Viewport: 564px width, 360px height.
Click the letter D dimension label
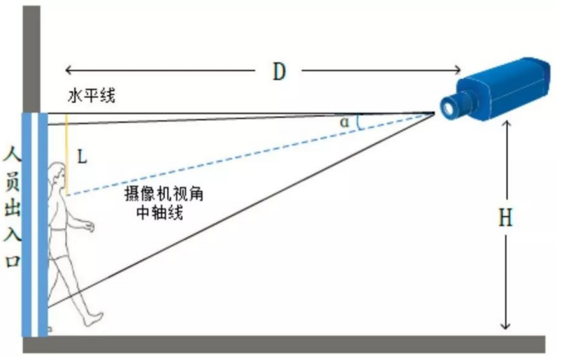click(279, 71)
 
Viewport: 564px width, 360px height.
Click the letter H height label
click(506, 218)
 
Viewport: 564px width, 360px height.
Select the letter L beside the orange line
click(82, 156)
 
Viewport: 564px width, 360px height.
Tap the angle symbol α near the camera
click(344, 123)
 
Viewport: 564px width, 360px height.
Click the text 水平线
click(91, 96)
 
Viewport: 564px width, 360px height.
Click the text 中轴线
click(160, 213)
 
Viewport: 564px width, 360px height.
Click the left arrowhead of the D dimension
click(68, 69)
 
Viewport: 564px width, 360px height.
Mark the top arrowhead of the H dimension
click(507, 124)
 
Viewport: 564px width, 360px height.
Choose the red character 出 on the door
click(11, 208)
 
